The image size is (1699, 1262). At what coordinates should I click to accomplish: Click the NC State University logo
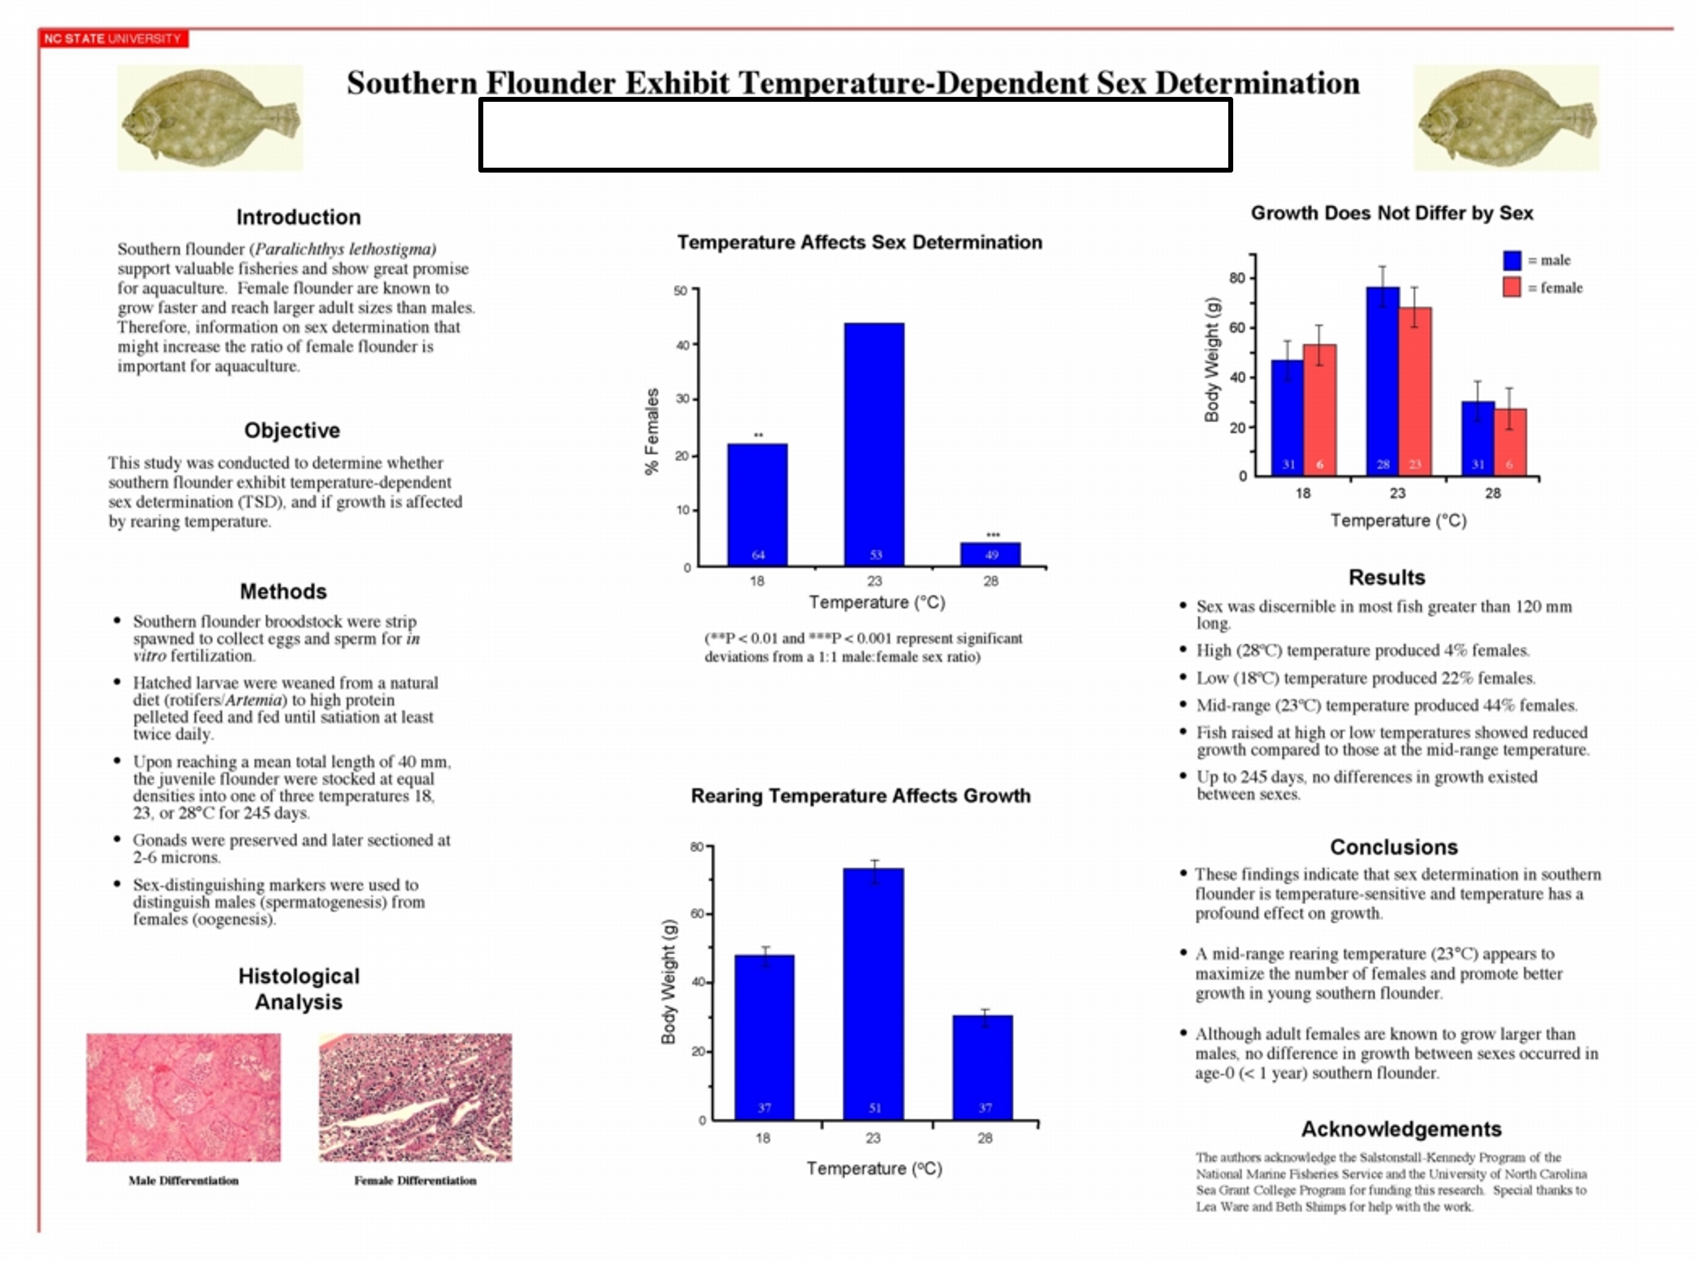point(113,38)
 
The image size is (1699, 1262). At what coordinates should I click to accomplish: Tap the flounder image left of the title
point(210,118)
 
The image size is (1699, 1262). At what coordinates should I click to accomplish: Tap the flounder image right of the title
point(1505,118)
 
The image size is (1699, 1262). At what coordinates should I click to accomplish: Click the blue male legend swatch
point(1511,260)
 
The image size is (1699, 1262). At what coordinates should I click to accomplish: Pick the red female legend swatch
point(1511,287)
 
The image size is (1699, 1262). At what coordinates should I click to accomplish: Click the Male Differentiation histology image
point(183,1097)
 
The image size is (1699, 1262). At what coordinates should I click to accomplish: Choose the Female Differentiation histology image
point(415,1097)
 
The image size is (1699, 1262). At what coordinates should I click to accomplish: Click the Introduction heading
point(298,217)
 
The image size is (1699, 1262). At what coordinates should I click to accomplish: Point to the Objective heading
point(292,430)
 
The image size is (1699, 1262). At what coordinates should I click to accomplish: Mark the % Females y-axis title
point(651,432)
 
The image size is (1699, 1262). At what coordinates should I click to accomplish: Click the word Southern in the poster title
point(411,83)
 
